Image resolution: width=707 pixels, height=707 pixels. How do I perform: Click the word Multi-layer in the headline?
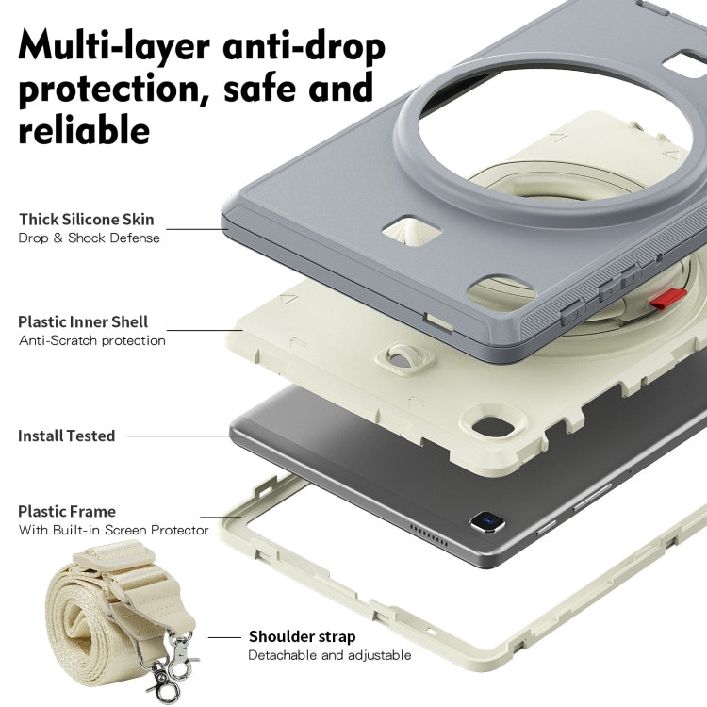[x=114, y=45]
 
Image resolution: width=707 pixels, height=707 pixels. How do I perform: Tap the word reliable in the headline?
[x=84, y=129]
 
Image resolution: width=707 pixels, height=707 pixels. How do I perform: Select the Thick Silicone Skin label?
[x=87, y=219]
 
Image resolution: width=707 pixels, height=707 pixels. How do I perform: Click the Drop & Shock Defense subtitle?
[x=90, y=238]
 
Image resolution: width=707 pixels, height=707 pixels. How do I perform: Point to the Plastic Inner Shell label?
[x=83, y=321]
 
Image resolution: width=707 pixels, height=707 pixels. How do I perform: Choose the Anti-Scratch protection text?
[x=92, y=340]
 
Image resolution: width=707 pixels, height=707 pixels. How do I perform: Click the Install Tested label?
[x=67, y=436]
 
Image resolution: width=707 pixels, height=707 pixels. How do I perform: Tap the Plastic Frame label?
[x=67, y=511]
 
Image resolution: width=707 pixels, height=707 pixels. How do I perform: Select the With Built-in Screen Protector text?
[x=114, y=530]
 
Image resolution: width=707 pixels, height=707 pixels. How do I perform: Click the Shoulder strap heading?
[x=302, y=636]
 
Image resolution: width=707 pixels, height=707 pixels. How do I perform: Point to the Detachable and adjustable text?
[x=330, y=655]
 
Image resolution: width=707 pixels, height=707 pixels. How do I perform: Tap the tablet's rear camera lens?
[x=487, y=522]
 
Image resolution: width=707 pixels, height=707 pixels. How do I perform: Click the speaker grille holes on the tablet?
[x=428, y=535]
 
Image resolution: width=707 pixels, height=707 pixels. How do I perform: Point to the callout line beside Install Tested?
[x=187, y=436]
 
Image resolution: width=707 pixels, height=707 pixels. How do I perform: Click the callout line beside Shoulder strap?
[x=224, y=637]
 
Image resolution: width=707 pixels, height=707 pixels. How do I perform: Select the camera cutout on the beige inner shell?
[x=495, y=424]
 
